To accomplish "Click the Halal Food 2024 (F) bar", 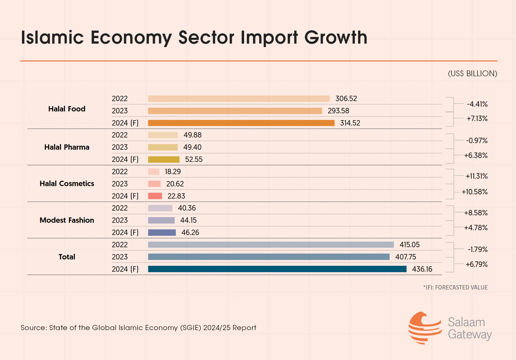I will (241, 123).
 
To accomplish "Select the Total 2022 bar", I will (271, 245).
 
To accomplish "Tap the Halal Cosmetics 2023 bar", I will (154, 184).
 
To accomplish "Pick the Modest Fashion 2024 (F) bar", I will (162, 233).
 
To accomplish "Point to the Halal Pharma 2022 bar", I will (163, 135).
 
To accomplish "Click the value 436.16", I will (422, 269).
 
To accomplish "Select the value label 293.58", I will (338, 111).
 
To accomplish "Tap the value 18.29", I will (173, 172).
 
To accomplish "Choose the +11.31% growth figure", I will (477, 176).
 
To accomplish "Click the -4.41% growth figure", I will (477, 104).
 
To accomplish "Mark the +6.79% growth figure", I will (477, 265).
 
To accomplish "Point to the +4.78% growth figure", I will (476, 228).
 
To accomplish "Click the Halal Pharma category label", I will (67, 147).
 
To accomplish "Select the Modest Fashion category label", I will (67, 220).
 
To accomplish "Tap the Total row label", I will (67, 257).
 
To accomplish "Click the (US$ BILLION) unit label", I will (472, 74).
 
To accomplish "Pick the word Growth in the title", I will (336, 38).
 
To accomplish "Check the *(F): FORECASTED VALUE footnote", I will (455, 288).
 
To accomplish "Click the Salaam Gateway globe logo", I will (425, 328).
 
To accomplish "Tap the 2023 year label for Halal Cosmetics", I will (120, 184).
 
